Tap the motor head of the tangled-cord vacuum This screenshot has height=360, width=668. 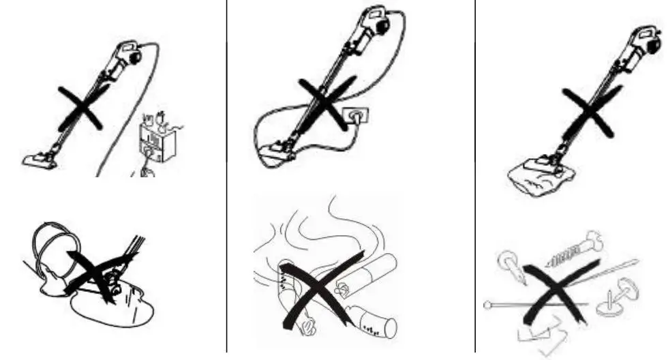coord(376,22)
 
